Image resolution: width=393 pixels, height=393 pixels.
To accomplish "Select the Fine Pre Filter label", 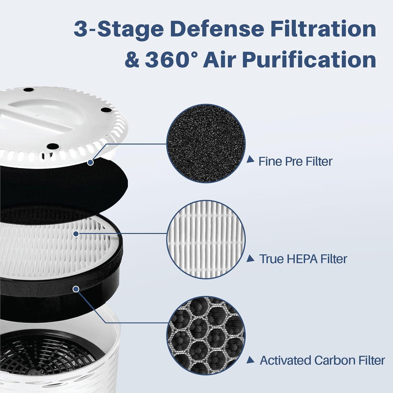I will pos(295,161).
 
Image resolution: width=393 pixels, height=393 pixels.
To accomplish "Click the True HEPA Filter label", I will pos(303,259).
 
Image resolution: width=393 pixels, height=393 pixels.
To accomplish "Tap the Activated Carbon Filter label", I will pos(322,361).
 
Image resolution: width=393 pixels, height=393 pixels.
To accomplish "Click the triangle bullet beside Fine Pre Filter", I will pos(250,159).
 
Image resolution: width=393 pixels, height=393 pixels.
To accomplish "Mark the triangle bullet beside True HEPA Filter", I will pos(250,259).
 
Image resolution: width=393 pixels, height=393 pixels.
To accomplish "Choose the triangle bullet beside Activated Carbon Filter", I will pos(250,360).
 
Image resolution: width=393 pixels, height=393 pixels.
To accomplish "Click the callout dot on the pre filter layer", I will pos(90,162).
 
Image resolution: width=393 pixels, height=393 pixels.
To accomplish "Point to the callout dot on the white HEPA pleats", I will pos(76,234).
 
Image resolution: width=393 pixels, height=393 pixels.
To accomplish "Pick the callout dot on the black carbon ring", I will pos(76,289).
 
